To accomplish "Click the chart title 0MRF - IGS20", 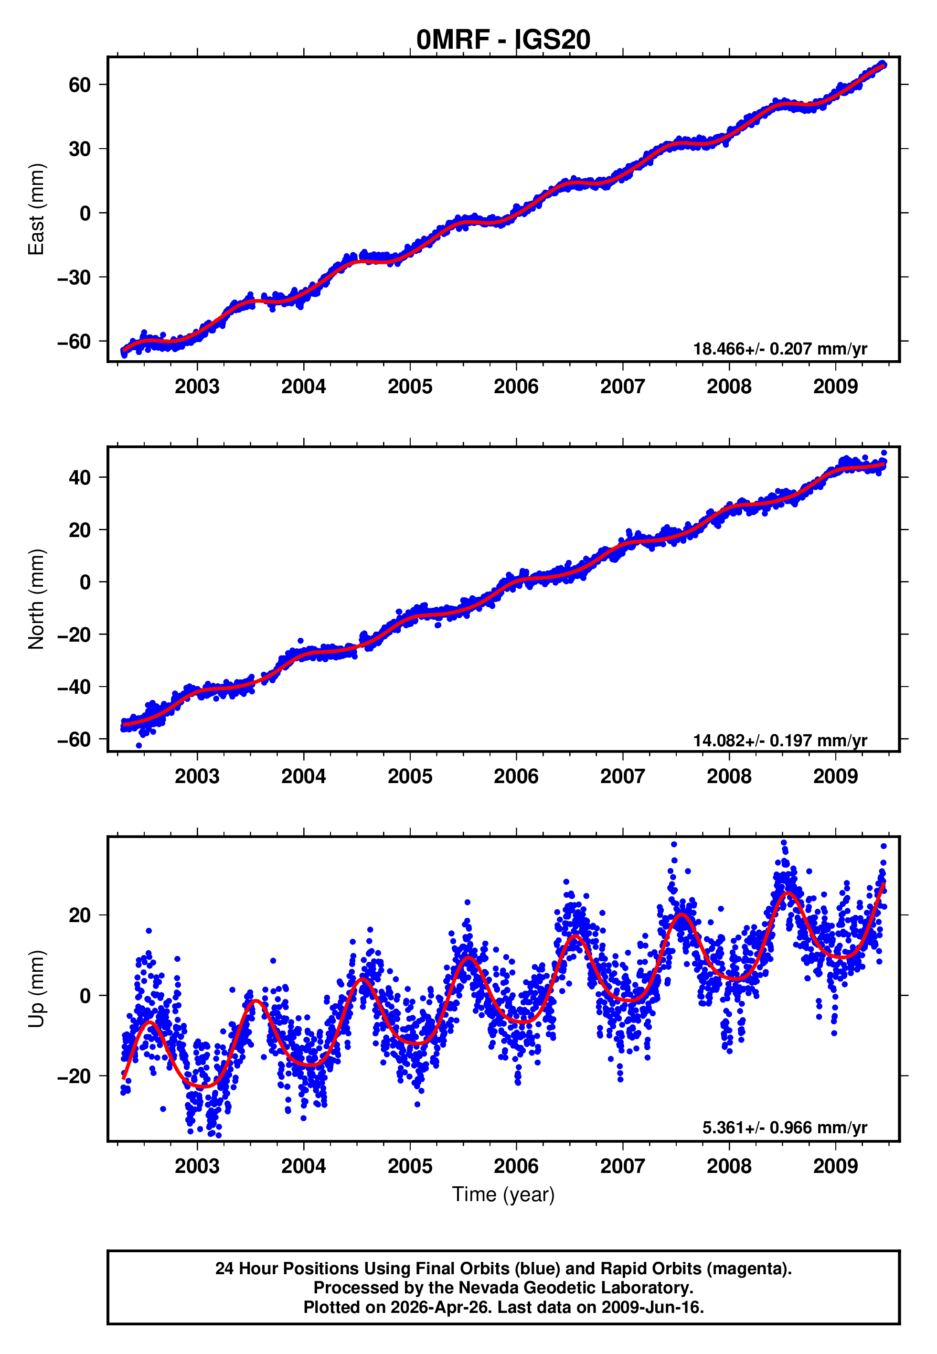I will tap(503, 40).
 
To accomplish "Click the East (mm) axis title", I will tap(36, 209).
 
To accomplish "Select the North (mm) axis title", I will tap(36, 599).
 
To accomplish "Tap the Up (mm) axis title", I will tap(36, 989).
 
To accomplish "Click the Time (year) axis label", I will tap(503, 1194).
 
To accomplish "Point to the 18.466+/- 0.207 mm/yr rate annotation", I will tap(780, 349).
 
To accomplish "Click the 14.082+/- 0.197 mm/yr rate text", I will tap(780, 741).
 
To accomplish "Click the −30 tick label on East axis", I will tap(74, 277).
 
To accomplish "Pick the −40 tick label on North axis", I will tap(74, 687).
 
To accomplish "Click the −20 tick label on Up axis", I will tap(74, 1076).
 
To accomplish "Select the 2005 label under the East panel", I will tap(410, 387).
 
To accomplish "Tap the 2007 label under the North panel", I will tap(622, 777).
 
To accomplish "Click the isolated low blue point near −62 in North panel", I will tap(139, 745).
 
